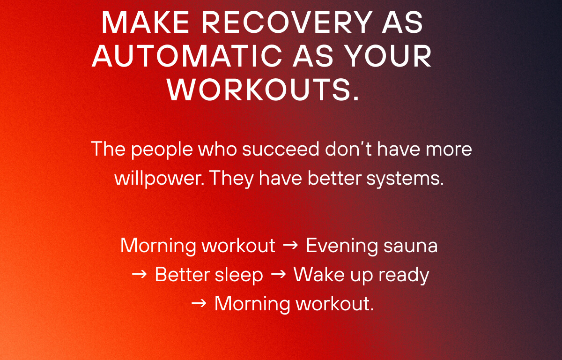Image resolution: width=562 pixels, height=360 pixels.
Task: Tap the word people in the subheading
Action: [162, 150]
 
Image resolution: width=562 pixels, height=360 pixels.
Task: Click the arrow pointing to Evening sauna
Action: [291, 246]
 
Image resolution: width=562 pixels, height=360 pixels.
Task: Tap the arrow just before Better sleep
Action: [140, 275]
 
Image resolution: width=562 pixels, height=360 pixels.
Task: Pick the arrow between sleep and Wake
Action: [279, 275]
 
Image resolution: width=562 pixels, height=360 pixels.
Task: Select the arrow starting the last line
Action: [199, 304]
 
